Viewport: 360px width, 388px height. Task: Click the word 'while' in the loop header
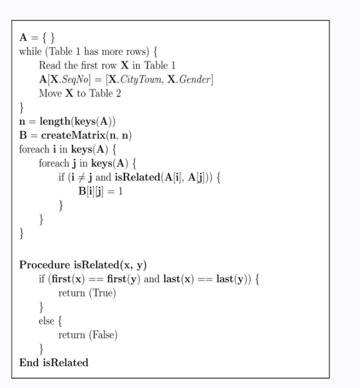[30, 51]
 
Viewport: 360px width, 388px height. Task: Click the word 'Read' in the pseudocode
[49, 65]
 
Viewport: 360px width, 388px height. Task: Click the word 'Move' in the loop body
[51, 93]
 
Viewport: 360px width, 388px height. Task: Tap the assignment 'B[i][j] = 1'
[100, 191]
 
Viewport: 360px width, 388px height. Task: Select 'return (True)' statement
[87, 292]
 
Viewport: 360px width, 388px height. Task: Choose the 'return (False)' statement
[88, 334]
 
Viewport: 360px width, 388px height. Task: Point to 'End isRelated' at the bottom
[54, 362]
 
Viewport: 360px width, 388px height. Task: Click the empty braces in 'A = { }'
[49, 37]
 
